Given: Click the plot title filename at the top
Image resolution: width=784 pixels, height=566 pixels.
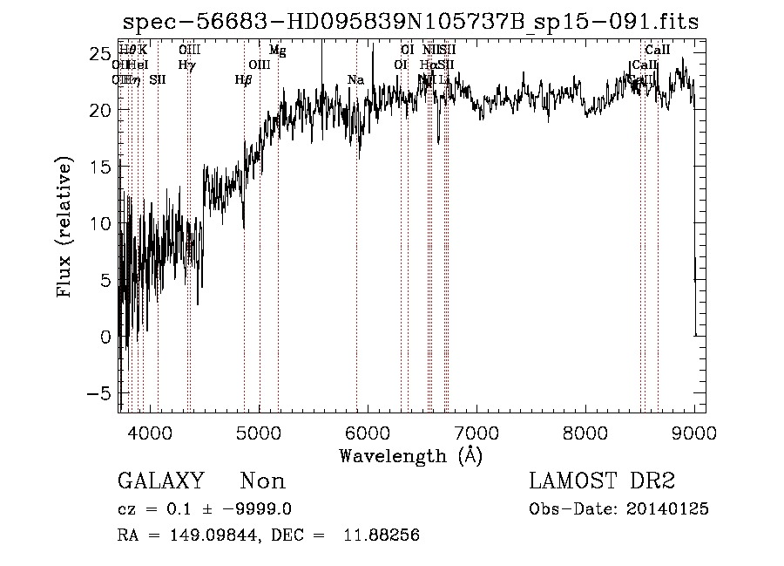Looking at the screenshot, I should point(410,23).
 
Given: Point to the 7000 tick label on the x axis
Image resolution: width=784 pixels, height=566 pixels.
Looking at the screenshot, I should point(476,432).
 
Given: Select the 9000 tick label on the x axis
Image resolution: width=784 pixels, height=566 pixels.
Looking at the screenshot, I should point(693,432).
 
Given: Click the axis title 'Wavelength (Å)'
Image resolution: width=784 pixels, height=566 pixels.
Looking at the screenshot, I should point(410,455).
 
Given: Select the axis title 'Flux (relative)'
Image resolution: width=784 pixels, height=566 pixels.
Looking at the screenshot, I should point(64,228).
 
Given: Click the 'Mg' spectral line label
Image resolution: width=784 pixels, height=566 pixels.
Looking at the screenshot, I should point(277,51).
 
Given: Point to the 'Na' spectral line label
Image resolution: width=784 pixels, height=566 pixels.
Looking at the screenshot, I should point(355,80).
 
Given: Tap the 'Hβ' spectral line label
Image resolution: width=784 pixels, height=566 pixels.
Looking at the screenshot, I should point(243,80).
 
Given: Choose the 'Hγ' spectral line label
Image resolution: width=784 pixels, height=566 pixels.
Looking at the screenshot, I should point(186,65).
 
